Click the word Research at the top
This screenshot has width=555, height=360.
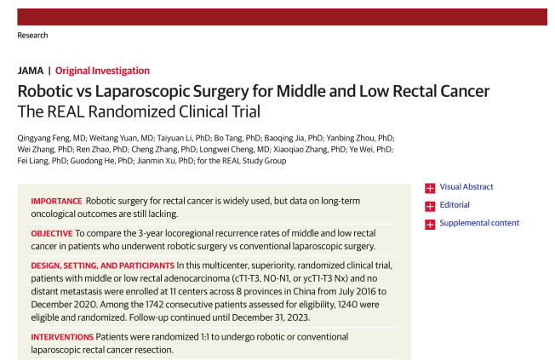(x=32, y=35)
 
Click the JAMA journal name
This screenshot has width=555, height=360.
(x=30, y=71)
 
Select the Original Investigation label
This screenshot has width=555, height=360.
(x=103, y=71)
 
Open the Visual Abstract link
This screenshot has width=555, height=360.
(x=466, y=187)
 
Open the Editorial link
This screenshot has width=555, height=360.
(x=454, y=205)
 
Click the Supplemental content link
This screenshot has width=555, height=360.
(x=479, y=223)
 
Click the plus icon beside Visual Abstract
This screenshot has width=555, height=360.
(x=430, y=187)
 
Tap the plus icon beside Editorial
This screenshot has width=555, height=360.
(x=430, y=205)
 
